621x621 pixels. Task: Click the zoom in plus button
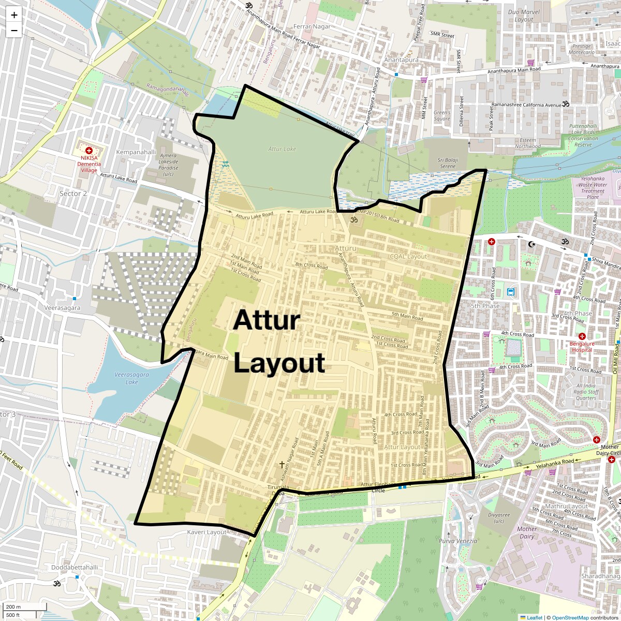14,15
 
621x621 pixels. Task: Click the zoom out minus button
14,30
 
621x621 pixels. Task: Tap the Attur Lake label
282,149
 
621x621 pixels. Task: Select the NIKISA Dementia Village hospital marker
88,150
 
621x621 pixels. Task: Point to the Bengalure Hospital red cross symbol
582,336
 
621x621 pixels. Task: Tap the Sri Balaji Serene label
447,163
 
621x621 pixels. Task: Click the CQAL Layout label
408,256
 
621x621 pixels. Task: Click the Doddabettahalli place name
75,567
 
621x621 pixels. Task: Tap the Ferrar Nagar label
312,26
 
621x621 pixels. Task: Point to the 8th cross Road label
312,267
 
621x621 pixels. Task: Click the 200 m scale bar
25,607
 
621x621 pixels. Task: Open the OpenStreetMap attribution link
570,617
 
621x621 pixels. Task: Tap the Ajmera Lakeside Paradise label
168,165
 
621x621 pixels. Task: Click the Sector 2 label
73,194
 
